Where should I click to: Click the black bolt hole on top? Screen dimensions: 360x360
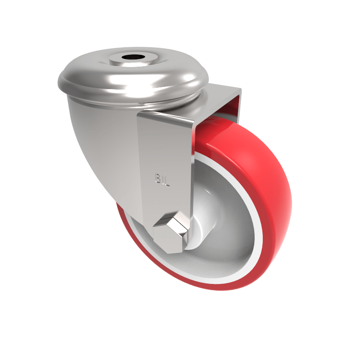133,58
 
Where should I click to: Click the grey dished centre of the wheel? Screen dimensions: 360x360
225,225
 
